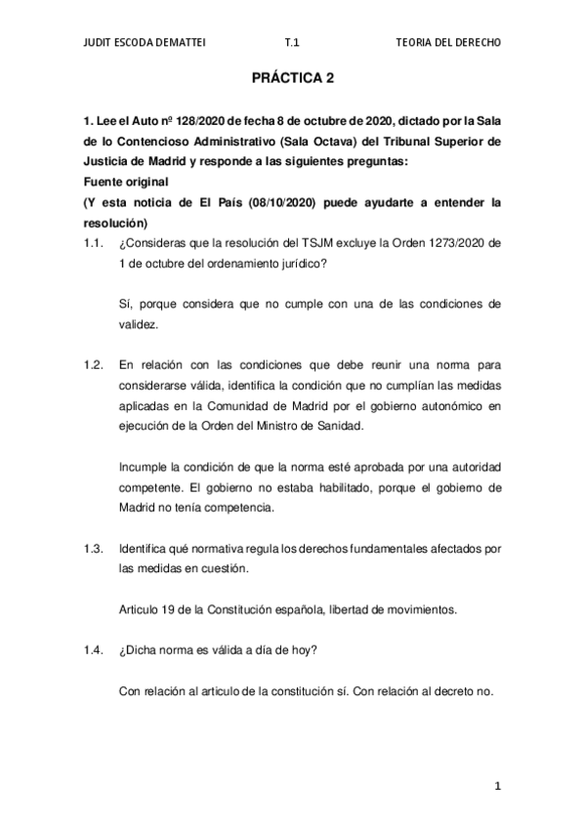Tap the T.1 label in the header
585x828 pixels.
[x=291, y=44]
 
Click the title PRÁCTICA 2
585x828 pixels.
[x=292, y=84]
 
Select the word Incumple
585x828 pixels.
[x=143, y=466]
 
